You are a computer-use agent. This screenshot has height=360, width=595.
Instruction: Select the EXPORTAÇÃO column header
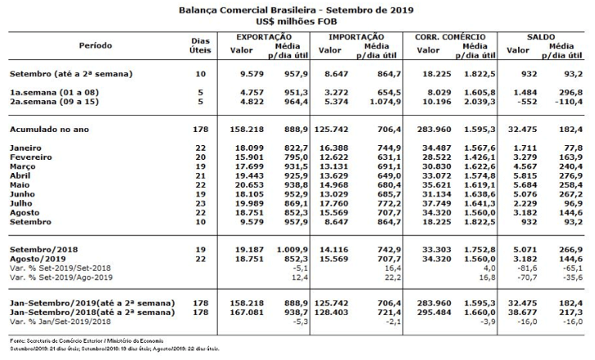(x=263, y=37)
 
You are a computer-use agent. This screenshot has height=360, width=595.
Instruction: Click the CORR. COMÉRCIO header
(x=451, y=37)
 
